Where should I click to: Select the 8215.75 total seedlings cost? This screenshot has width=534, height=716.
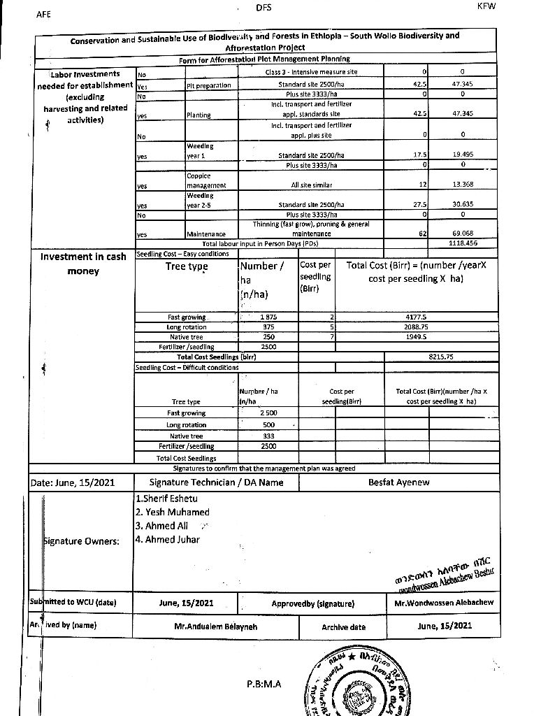coord(441,357)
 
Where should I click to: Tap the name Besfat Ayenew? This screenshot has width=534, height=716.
coord(398,482)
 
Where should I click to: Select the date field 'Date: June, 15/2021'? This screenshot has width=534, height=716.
coord(73,482)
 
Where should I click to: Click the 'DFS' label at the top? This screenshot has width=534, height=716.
coord(264,8)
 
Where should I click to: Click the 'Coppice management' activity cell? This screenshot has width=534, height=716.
coord(206,180)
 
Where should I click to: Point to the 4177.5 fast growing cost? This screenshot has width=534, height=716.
coord(417,317)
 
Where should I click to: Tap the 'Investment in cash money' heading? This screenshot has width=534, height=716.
coord(83,264)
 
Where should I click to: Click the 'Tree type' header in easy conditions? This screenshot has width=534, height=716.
coord(187,266)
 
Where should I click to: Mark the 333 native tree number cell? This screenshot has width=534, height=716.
coord(248,436)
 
